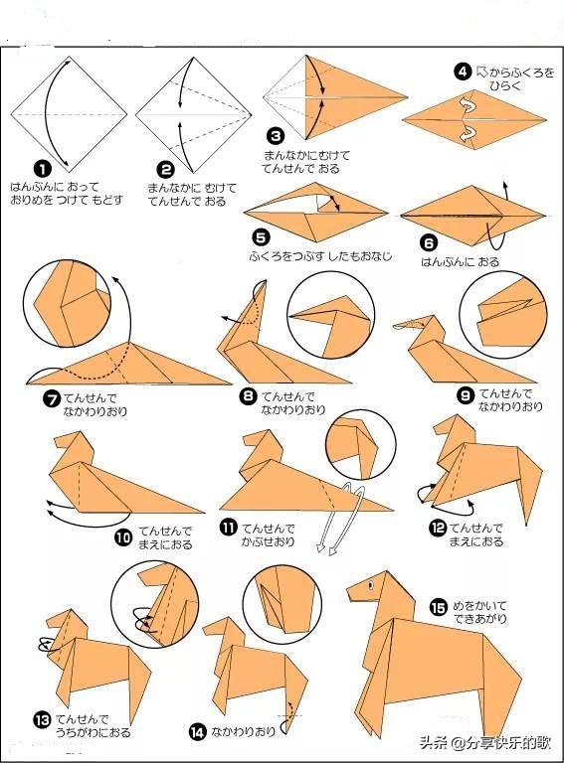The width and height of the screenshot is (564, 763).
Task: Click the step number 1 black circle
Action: [x=43, y=169]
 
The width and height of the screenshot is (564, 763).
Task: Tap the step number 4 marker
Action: [x=463, y=72]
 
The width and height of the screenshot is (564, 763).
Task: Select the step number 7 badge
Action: [x=52, y=398]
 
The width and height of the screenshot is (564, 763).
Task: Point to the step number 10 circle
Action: [x=124, y=536]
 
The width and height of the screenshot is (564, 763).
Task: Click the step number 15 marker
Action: [x=438, y=607]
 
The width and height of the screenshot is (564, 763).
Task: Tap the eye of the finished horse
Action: [x=371, y=584]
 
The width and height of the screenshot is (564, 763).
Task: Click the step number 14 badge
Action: [x=198, y=732]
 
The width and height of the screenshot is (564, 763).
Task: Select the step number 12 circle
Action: [x=438, y=528]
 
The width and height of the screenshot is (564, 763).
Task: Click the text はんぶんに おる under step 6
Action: [x=461, y=262]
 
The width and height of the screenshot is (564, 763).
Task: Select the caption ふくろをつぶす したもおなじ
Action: [x=321, y=256]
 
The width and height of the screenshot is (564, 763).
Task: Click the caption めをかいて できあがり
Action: [x=479, y=613]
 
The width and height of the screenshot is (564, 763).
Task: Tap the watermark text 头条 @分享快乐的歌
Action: [x=485, y=742]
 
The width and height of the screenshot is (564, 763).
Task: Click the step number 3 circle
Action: [x=276, y=135]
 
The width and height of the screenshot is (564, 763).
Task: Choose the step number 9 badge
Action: [x=466, y=395]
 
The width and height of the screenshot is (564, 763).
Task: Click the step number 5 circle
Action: [x=261, y=237]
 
